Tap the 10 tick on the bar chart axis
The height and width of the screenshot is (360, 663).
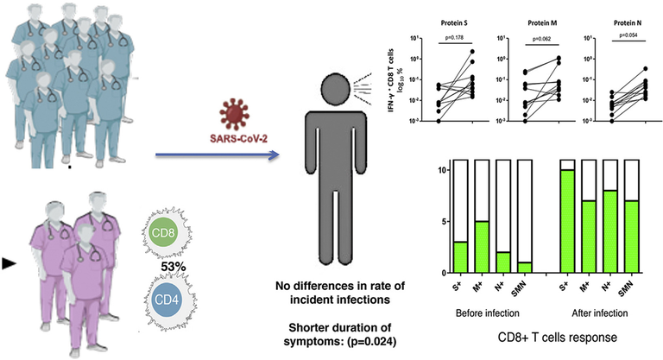(x=443, y=170)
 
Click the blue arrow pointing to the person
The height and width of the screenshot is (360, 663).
(x=216, y=155)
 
